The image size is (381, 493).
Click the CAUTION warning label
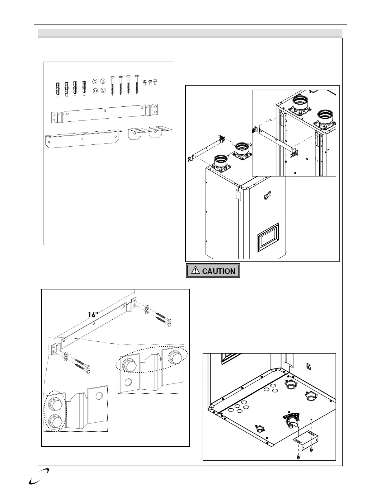pyautogui.click(x=213, y=271)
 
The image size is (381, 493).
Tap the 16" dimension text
pyautogui.click(x=93, y=315)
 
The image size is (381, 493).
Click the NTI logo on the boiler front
pyautogui.click(x=267, y=197)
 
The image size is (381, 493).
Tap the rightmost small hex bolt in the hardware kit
pyautogui.click(x=155, y=82)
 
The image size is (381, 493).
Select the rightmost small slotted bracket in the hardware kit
pyautogui.click(x=160, y=131)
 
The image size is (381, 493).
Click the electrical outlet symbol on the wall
pyautogui.click(x=309, y=366)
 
